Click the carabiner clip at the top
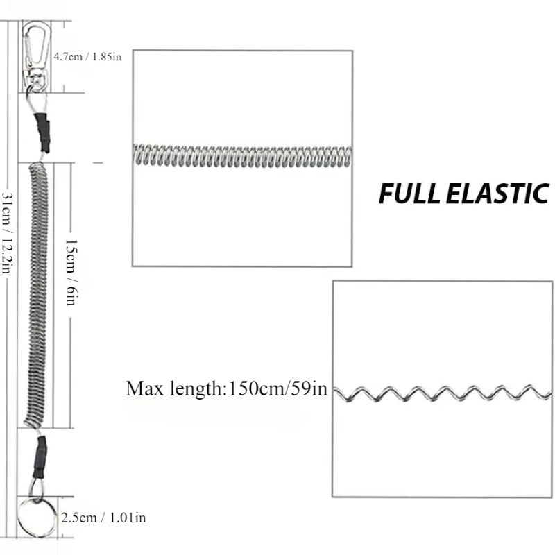pos(38,42)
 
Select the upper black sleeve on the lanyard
pos(44,131)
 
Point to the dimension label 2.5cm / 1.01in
pos(103,517)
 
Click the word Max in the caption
pos(143,388)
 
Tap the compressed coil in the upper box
pos(242,157)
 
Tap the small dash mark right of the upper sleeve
pos(97,162)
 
